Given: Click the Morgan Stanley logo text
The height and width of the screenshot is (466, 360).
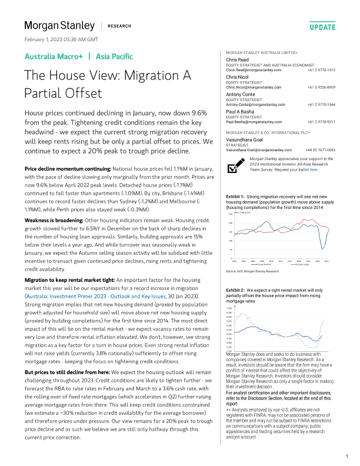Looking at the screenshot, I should click(59, 25).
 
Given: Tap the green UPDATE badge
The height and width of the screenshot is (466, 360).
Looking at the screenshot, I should click(322, 27).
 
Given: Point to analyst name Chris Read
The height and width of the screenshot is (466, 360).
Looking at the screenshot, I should click(238, 60).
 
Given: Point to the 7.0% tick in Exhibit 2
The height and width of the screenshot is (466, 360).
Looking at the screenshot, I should click(230, 308).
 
